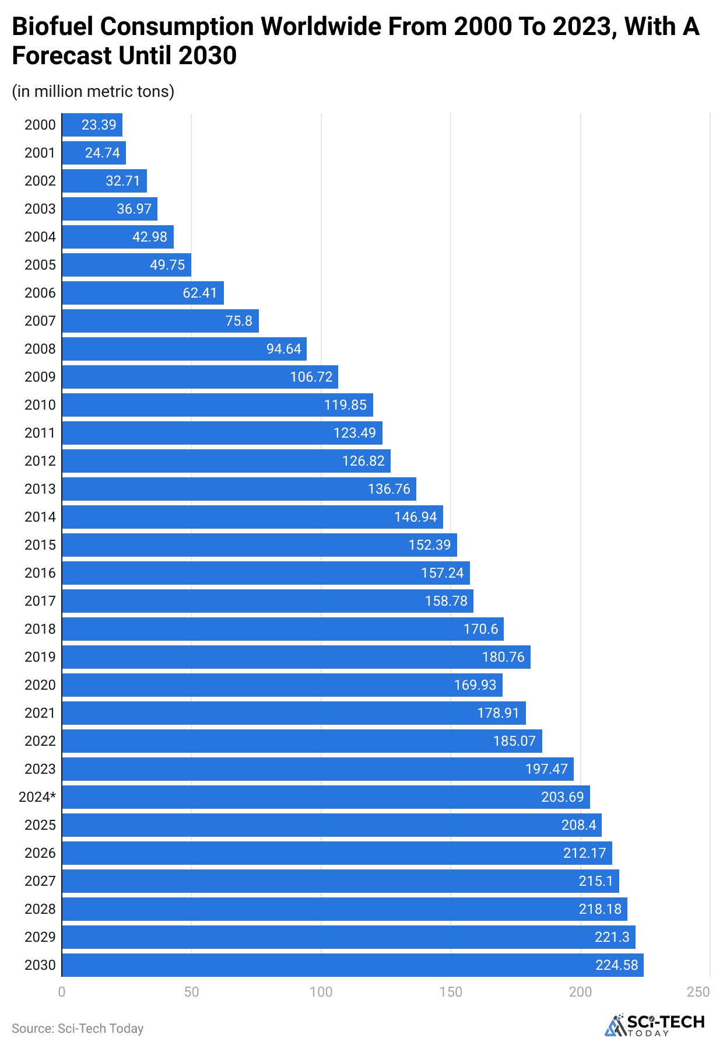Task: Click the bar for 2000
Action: click(x=92, y=125)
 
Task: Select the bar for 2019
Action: click(x=296, y=657)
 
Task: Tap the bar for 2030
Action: click(x=353, y=965)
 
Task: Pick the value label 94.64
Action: click(x=284, y=349)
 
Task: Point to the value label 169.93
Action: click(x=475, y=685)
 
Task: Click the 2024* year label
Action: click(x=37, y=797)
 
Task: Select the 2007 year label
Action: click(x=40, y=321)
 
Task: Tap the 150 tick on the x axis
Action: click(x=451, y=992)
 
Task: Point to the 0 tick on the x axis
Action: click(x=62, y=992)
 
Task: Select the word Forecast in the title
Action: click(x=62, y=56)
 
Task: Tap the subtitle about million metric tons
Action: click(x=93, y=92)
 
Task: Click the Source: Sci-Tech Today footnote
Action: click(x=78, y=1028)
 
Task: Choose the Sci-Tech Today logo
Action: click(x=655, y=1025)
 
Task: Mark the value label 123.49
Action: click(x=355, y=433)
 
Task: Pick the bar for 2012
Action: click(x=226, y=461)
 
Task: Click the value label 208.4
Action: click(x=578, y=825)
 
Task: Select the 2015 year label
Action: click(x=40, y=545)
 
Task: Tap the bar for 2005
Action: click(x=127, y=265)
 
